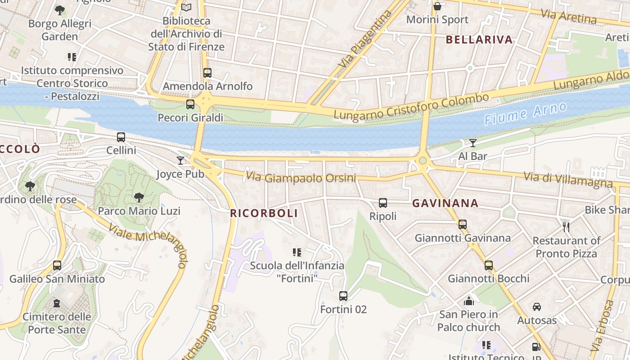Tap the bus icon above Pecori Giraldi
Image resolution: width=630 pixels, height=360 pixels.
pos(190,104)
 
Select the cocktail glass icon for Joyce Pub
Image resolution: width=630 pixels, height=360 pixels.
pos(180,161)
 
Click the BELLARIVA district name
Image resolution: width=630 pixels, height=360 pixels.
pos(479,40)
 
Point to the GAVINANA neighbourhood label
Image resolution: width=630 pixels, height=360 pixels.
pos(445,203)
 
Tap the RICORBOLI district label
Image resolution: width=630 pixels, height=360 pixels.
pos(264,213)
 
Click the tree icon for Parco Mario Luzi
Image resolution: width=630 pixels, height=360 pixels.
pos(139,197)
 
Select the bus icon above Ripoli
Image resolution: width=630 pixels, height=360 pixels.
pos(383,203)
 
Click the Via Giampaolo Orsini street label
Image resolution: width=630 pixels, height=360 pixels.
pos(301,178)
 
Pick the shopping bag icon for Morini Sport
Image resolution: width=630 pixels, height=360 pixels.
pos(437,6)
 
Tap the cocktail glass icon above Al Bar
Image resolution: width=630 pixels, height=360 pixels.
pos(472,143)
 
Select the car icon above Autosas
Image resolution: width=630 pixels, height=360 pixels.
pos(536,307)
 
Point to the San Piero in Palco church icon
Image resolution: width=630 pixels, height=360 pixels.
pos(469,301)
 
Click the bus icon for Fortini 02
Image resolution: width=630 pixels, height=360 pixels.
pos(343,296)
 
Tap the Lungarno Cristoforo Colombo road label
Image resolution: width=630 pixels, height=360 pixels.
pos(411,107)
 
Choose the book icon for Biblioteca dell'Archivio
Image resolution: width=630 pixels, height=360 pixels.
pos(186,7)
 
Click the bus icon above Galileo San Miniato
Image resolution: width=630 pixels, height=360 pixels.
pos(57,265)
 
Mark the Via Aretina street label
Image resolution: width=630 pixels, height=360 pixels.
pos(568,17)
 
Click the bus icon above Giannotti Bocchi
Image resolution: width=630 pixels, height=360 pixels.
pos(489,265)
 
